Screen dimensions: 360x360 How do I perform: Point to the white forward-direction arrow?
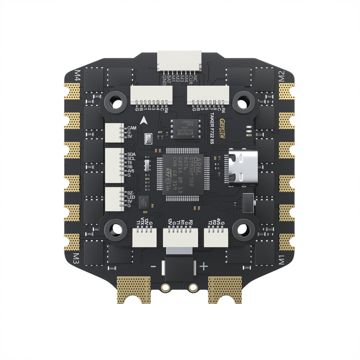click(143, 120)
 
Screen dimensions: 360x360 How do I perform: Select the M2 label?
click(282, 76)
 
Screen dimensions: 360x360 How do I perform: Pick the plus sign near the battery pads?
click(204, 266)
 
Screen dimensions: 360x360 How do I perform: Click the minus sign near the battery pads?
click(153, 266)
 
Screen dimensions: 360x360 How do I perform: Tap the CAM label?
click(132, 128)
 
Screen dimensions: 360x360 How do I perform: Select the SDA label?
click(132, 154)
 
